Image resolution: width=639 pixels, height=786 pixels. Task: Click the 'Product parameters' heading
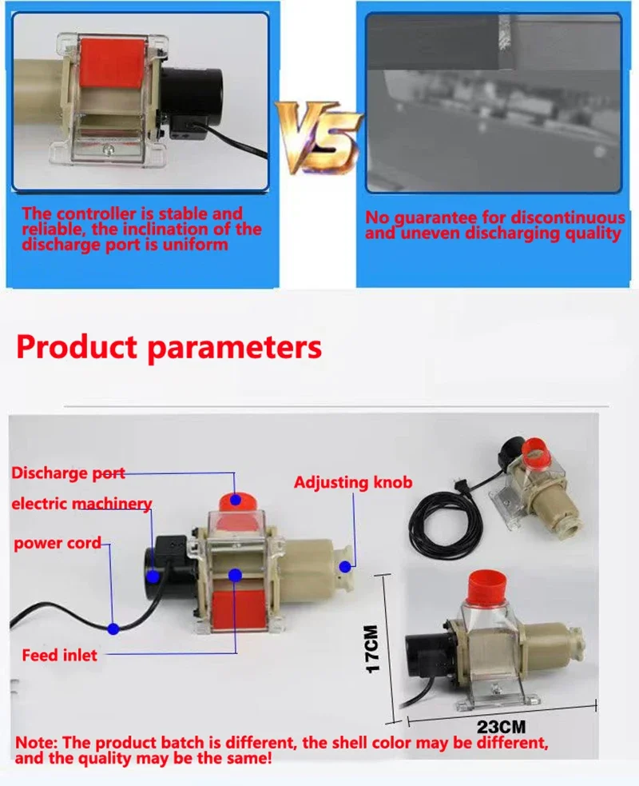(x=169, y=348)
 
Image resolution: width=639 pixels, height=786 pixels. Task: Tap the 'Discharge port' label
(x=68, y=473)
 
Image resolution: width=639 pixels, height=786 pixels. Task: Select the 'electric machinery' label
(x=81, y=504)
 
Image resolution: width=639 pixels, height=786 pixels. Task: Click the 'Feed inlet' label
(x=59, y=655)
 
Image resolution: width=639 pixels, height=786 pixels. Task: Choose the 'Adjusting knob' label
(x=353, y=482)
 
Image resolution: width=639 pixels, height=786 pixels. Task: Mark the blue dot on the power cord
(x=113, y=629)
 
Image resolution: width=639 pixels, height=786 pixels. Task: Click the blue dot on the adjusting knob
(x=345, y=567)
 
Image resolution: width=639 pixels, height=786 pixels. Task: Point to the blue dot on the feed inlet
(x=235, y=573)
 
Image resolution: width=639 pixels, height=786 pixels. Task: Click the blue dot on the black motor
(x=153, y=575)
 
